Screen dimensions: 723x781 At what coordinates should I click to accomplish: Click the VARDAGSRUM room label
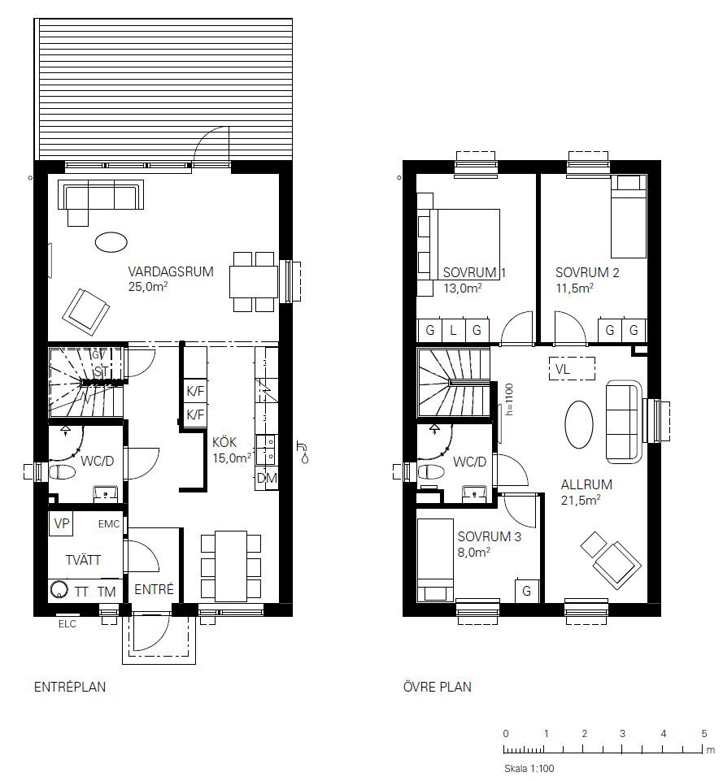(171, 272)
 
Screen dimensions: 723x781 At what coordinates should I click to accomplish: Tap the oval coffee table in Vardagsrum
(111, 242)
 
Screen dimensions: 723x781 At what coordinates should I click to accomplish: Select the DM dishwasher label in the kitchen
(267, 479)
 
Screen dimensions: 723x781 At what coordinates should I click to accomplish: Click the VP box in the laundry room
(61, 523)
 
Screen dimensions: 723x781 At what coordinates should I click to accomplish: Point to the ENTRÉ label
(154, 589)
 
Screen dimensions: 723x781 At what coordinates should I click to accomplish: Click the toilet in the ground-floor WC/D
(60, 471)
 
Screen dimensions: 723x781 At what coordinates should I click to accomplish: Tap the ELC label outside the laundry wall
(68, 624)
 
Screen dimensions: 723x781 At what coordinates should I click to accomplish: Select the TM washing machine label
(107, 592)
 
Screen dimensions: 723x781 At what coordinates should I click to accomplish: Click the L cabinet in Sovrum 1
(453, 330)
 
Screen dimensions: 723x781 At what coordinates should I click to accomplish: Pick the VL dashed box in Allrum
(572, 369)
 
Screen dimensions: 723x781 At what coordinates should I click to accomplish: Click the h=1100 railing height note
(509, 399)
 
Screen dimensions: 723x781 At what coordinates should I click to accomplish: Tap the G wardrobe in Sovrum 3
(526, 591)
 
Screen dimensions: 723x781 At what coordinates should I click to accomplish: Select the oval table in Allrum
(579, 425)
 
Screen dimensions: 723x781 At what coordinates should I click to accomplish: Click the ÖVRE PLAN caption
(437, 687)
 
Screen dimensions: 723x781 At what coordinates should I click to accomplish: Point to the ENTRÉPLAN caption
(70, 687)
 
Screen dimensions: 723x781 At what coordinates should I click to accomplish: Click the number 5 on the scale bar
(704, 733)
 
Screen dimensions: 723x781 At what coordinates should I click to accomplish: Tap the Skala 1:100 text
(529, 769)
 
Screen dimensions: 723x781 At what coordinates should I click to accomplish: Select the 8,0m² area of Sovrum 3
(474, 552)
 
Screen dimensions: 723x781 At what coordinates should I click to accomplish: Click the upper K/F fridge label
(195, 392)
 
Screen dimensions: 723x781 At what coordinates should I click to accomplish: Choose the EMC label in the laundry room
(109, 523)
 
